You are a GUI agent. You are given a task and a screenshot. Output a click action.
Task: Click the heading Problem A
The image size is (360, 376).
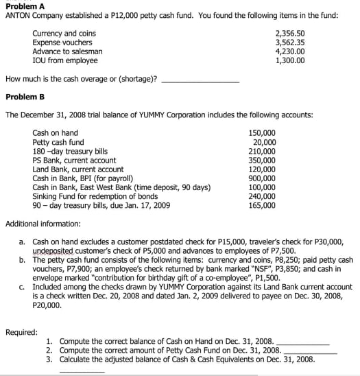[23, 5]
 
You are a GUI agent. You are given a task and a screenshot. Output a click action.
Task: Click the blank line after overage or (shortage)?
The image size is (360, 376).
[199, 80]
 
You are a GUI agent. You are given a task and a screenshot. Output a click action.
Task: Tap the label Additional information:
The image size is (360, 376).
[43, 224]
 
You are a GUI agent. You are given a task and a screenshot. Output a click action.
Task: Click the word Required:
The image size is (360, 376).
[21, 332]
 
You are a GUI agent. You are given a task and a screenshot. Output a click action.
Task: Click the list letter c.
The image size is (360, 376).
[23, 287]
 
